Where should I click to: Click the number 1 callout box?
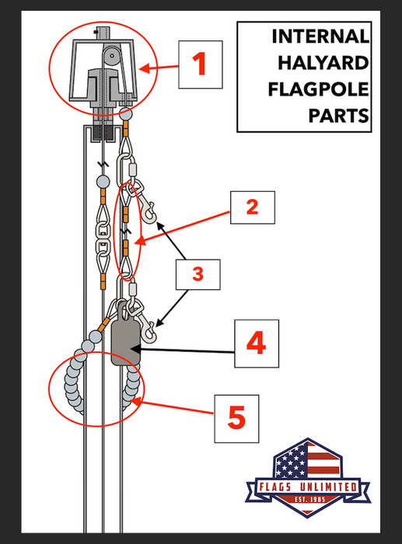[x=201, y=64]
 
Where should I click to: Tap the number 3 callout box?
[x=198, y=274]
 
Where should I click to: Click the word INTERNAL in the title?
[x=320, y=37]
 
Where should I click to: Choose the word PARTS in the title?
[x=337, y=116]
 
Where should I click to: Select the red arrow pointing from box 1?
[x=160, y=68]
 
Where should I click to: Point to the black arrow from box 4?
[x=187, y=352]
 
